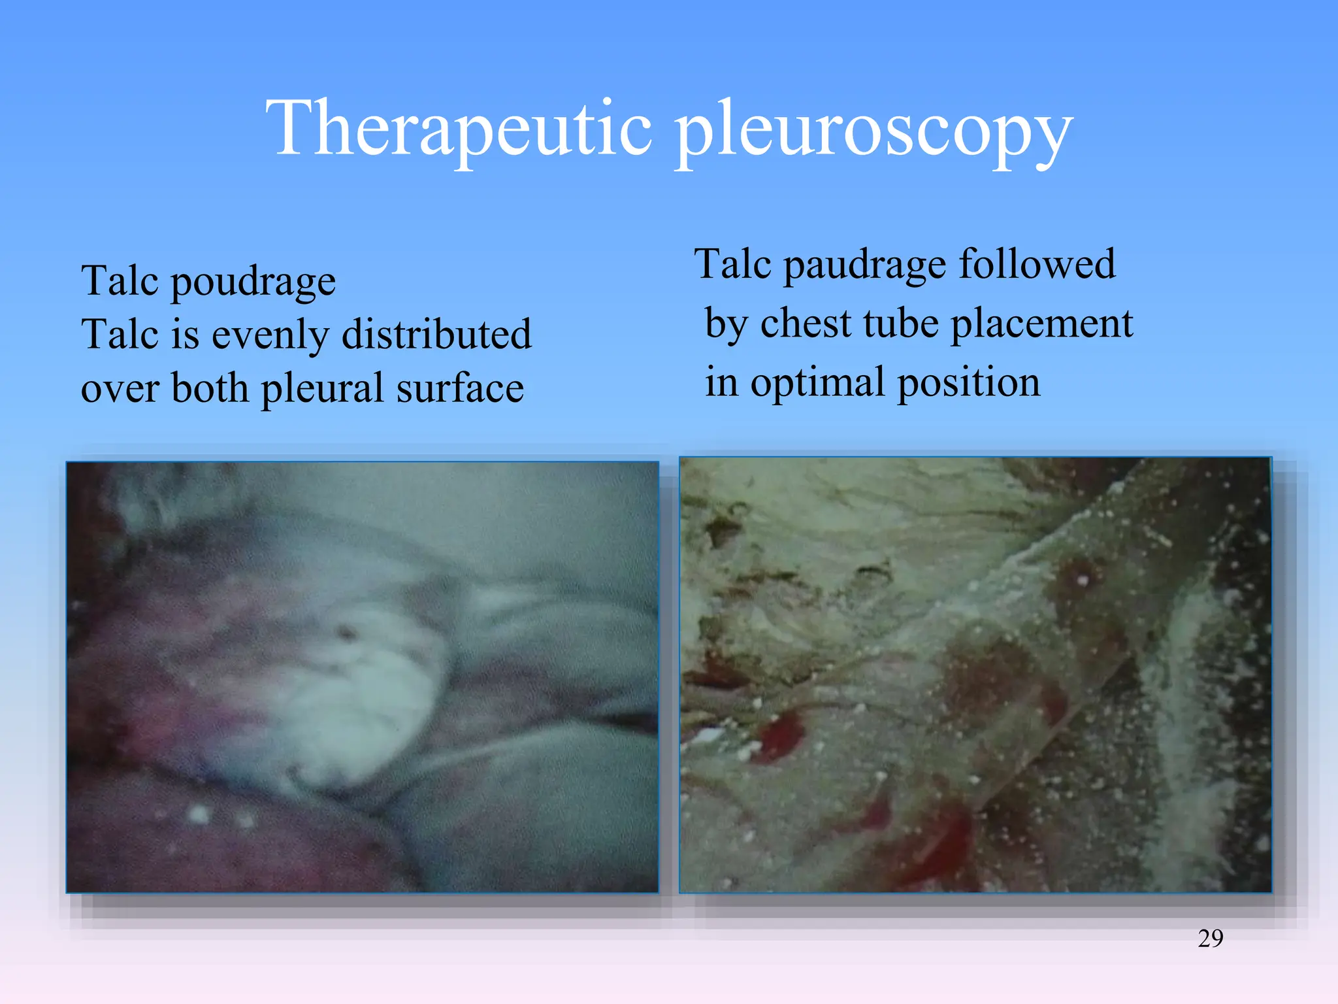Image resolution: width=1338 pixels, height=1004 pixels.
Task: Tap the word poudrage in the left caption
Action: click(253, 283)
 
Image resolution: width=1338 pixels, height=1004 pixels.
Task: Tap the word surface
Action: click(460, 388)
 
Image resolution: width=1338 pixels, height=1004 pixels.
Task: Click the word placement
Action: click(1041, 324)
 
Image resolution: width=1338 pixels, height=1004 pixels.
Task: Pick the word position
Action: click(968, 383)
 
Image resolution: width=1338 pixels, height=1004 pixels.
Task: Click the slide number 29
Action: click(1210, 939)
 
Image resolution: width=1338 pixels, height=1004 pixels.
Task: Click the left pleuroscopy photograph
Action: click(362, 677)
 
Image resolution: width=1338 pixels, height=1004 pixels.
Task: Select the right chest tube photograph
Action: click(975, 675)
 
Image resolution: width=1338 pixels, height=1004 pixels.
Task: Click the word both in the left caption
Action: click(210, 388)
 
